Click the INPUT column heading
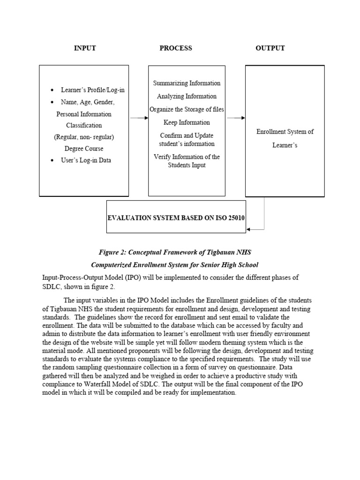click(x=85, y=48)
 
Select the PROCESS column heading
click(x=176, y=48)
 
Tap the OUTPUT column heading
click(x=270, y=48)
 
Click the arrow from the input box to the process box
click(x=139, y=118)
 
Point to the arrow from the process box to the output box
click(x=236, y=118)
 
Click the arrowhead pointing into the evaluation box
click(x=249, y=229)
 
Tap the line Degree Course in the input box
click(x=83, y=149)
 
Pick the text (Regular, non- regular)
click(x=84, y=137)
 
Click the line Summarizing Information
click(x=187, y=83)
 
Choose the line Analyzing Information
click(x=187, y=96)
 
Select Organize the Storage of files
click(x=187, y=109)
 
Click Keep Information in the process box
click(x=187, y=122)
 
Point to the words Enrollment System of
click(x=285, y=132)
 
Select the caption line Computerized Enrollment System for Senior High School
click(x=174, y=265)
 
